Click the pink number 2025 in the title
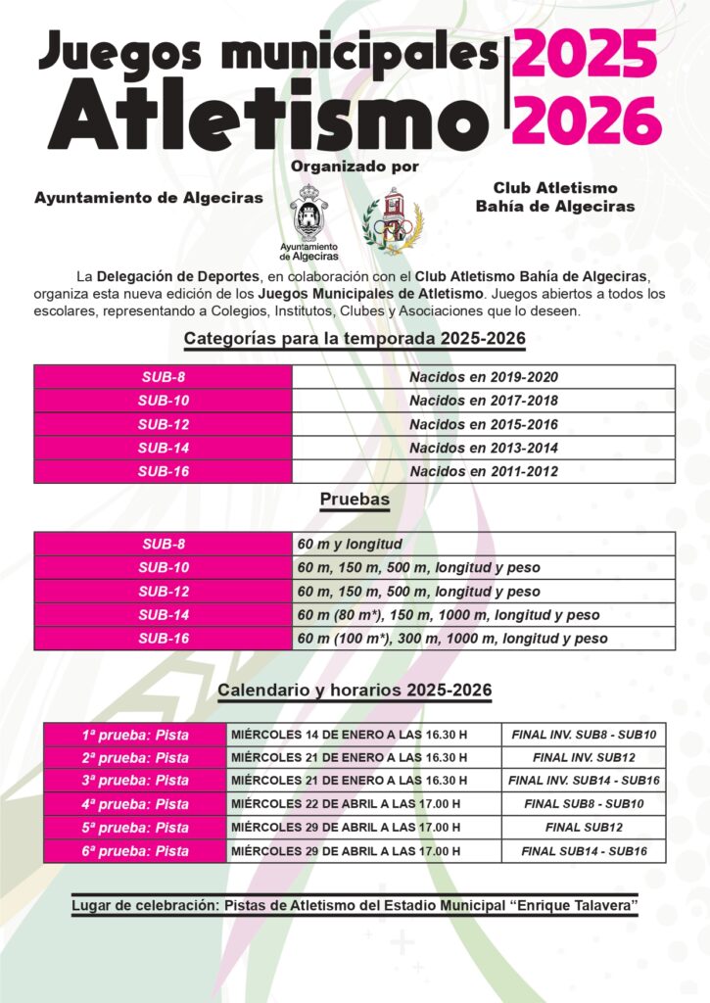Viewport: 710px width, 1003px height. (586, 55)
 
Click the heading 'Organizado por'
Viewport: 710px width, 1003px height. (355, 167)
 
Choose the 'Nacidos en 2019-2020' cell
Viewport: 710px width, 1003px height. (484, 377)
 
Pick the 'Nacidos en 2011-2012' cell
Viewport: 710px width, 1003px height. (484, 471)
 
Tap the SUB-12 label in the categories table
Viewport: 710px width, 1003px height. (163, 424)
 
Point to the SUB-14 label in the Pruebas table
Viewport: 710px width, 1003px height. (163, 614)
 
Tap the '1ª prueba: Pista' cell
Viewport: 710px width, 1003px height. (135, 735)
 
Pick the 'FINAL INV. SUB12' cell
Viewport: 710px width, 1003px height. (584, 757)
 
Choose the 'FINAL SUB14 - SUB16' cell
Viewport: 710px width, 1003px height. (584, 851)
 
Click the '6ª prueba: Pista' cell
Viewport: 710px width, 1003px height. (135, 851)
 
